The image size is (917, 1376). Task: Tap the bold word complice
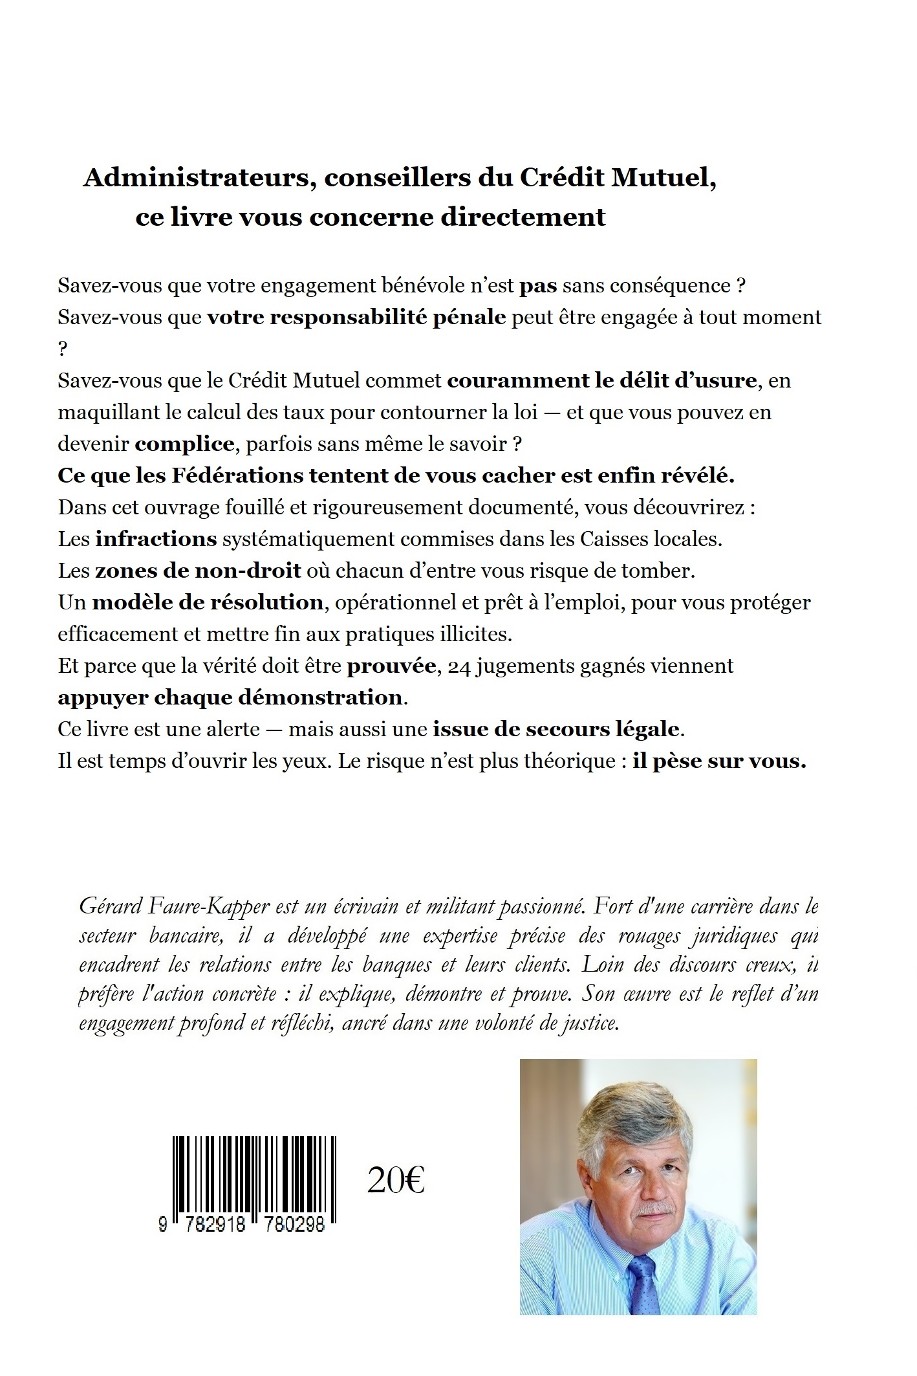(185, 444)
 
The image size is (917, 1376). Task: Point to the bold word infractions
(156, 539)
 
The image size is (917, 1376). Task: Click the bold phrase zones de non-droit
(199, 571)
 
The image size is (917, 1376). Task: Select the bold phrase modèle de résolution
(208, 602)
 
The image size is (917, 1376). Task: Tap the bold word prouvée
(391, 666)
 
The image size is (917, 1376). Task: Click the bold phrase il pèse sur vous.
(719, 761)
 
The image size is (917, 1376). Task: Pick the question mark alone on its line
(63, 349)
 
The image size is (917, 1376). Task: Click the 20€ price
(395, 1181)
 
